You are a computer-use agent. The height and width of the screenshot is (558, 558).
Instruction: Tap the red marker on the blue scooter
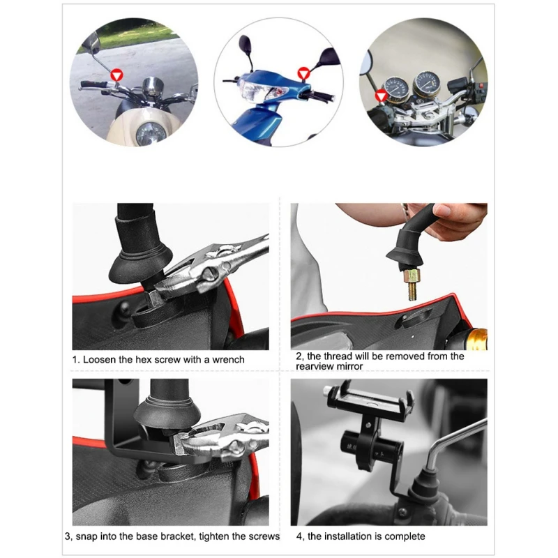[303, 72]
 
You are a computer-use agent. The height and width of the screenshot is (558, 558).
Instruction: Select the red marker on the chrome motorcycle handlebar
[381, 95]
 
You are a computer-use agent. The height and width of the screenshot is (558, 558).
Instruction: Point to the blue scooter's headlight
[253, 91]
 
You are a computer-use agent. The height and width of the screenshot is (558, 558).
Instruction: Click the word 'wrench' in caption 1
[227, 360]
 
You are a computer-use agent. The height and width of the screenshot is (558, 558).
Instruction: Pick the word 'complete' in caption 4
[405, 536]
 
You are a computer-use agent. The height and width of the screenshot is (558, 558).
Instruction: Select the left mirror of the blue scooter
[247, 45]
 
